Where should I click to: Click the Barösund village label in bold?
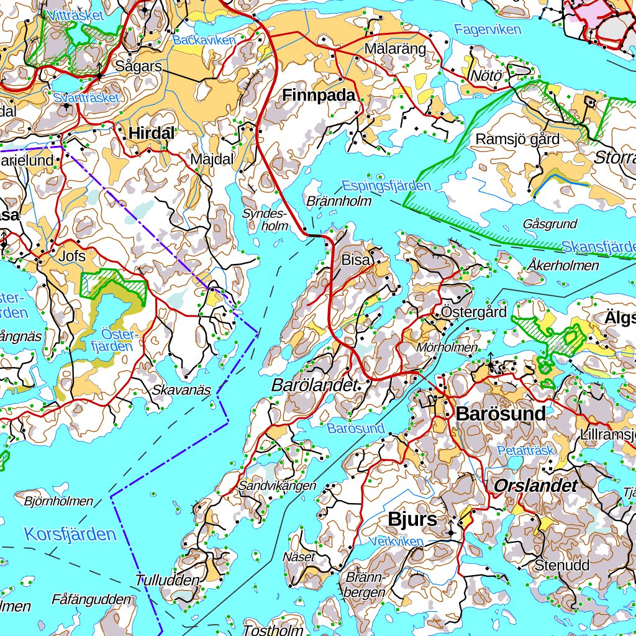[501, 414]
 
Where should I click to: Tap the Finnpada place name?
[319, 95]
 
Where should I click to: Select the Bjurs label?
[412, 519]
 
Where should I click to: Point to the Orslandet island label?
[536, 486]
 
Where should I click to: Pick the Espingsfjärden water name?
[386, 186]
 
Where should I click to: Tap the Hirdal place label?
[152, 132]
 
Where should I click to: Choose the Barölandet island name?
[316, 385]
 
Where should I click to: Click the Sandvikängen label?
[277, 486]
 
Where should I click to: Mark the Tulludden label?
[168, 580]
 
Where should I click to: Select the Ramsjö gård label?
[517, 139]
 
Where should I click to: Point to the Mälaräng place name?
[396, 48]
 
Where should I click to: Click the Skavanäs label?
[181, 390]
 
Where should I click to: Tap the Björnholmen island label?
[58, 501]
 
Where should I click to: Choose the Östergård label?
[474, 312]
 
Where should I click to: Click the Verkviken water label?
[396, 542]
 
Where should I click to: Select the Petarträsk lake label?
[525, 450]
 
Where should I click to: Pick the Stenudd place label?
[562, 566]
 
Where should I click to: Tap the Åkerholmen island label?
[565, 266]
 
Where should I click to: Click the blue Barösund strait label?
[356, 429]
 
